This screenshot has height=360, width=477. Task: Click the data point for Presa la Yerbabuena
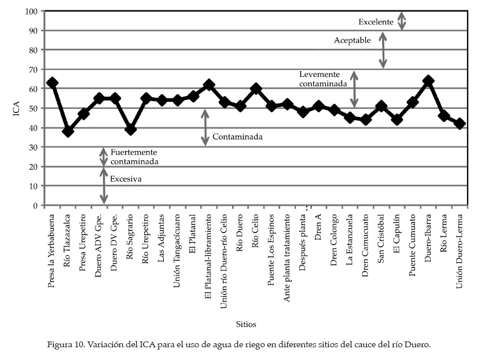click(52, 83)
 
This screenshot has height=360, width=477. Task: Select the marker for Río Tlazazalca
click(68, 131)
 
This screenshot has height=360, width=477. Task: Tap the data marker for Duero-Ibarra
click(428, 80)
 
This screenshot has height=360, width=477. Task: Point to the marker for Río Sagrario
click(130, 130)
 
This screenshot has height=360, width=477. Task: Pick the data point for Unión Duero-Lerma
click(460, 123)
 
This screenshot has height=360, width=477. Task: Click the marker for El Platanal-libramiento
click(209, 85)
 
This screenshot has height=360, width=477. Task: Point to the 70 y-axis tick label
click(34, 69)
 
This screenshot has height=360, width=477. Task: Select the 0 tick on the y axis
click(36, 205)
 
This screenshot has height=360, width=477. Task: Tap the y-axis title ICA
click(17, 108)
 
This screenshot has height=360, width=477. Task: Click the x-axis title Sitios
click(246, 324)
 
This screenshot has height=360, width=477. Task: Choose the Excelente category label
click(376, 22)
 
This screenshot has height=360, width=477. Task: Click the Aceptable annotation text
click(353, 41)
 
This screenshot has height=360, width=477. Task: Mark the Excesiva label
click(126, 179)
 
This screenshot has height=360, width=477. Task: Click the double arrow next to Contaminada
click(204, 127)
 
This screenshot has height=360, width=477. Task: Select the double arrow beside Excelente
click(402, 20)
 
